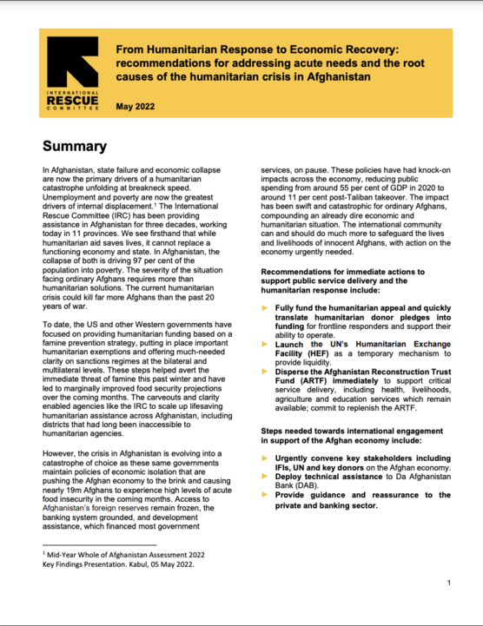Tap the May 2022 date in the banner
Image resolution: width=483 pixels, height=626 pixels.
point(141,106)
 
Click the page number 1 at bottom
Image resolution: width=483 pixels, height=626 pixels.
point(448,583)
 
